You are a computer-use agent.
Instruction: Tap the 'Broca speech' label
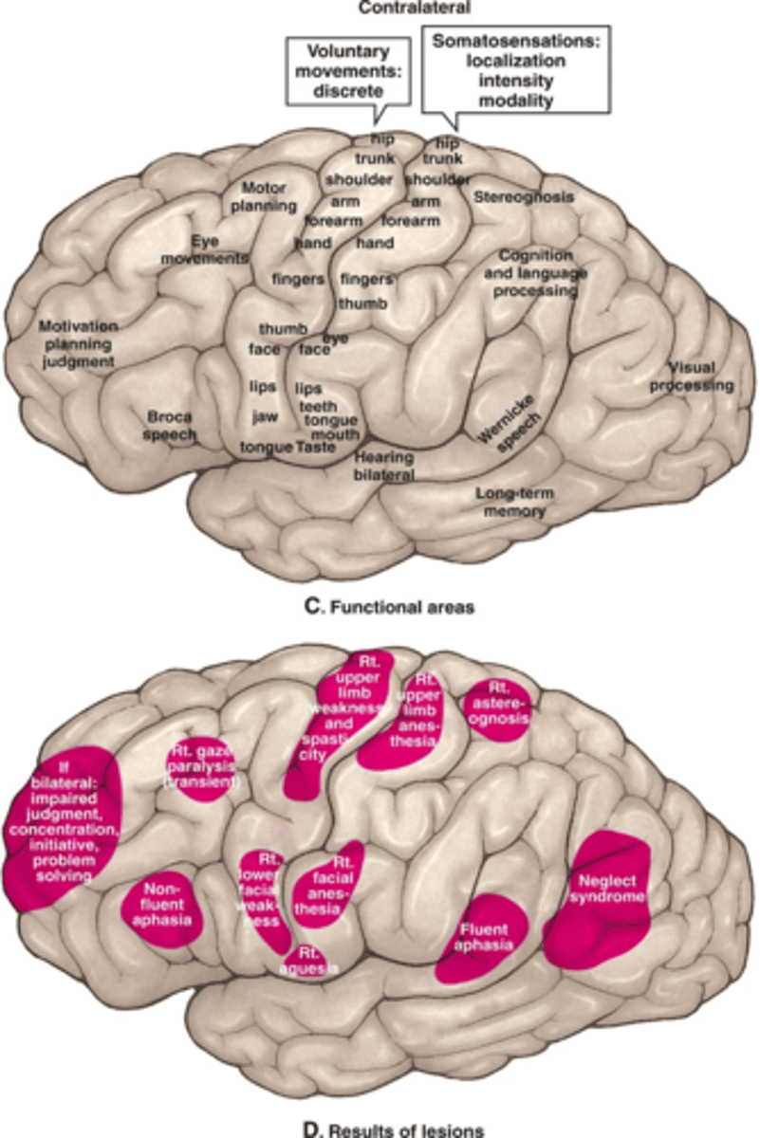pyautogui.click(x=171, y=426)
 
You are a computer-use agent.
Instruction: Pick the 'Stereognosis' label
pyautogui.click(x=524, y=197)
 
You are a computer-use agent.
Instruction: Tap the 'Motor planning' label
pyautogui.click(x=264, y=196)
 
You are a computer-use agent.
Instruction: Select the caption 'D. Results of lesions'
pyautogui.click(x=380, y=1129)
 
